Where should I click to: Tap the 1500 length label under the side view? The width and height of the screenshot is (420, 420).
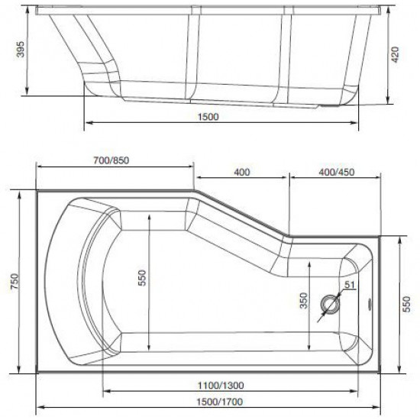[208, 118]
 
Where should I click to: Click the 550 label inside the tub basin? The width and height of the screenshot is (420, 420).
[143, 280]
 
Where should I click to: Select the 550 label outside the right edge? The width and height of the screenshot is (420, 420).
[409, 303]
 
